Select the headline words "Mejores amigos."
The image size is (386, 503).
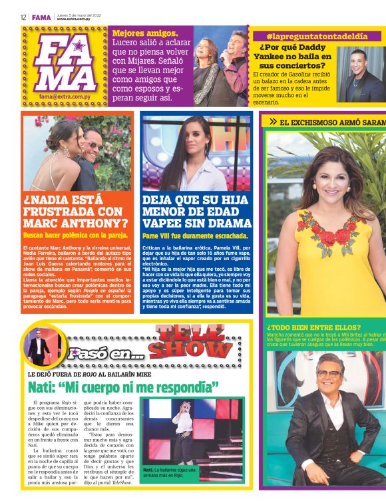coord(145,33)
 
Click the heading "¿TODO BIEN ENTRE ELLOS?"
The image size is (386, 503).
coord(313,327)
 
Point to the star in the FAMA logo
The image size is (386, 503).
coord(79,45)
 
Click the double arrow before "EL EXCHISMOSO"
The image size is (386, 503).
coord(273,122)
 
